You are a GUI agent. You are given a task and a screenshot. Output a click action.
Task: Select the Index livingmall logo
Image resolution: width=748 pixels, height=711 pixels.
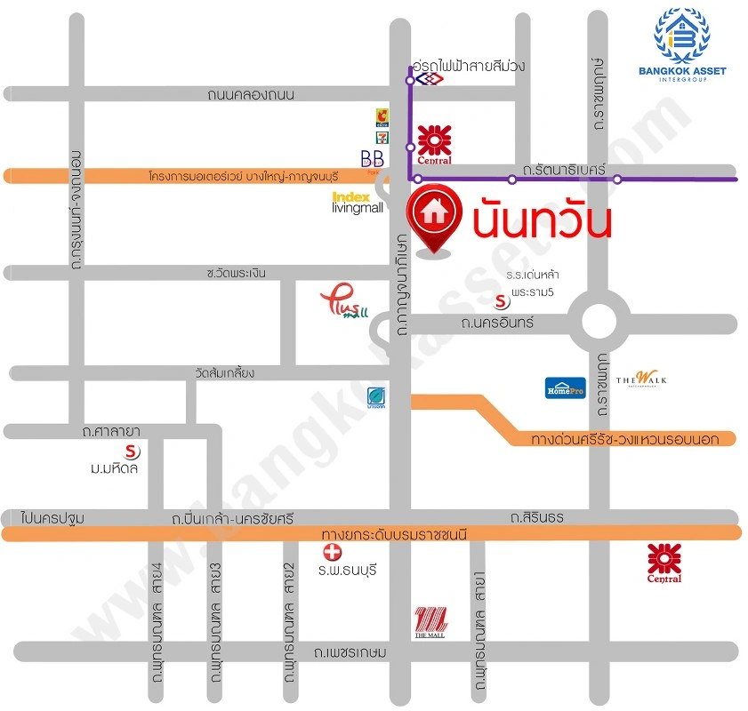pyautogui.click(x=357, y=203)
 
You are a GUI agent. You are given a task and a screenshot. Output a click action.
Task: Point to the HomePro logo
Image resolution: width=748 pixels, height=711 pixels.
pyautogui.click(x=565, y=387)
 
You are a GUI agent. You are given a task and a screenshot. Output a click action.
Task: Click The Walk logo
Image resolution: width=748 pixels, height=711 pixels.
pyautogui.click(x=640, y=379)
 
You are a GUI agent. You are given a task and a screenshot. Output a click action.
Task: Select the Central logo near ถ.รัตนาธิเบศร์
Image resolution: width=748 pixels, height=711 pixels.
pyautogui.click(x=434, y=145)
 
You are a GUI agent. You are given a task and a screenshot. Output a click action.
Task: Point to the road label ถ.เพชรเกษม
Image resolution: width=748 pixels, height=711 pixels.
pyautogui.click(x=350, y=652)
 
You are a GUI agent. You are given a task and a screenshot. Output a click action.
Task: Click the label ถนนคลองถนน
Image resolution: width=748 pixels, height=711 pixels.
pyautogui.click(x=251, y=94)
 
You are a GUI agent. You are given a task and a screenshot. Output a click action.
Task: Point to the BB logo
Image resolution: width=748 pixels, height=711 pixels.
pyautogui.click(x=372, y=159)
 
